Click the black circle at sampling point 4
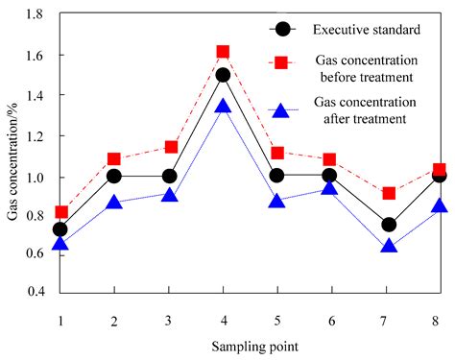tap(223, 75)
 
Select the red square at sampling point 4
tap(223, 52)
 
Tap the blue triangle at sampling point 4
tap(223, 107)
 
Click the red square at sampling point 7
tap(388, 193)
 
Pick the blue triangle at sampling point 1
tap(60, 244)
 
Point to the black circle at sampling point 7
tap(388, 225)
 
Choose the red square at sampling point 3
tap(169, 147)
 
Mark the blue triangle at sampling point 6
tap(333, 188)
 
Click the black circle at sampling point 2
tap(114, 176)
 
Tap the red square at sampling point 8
tap(440, 170)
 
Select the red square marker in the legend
tap(282, 62)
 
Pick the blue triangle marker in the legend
tap(282, 108)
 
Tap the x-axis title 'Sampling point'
tap(251, 343)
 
